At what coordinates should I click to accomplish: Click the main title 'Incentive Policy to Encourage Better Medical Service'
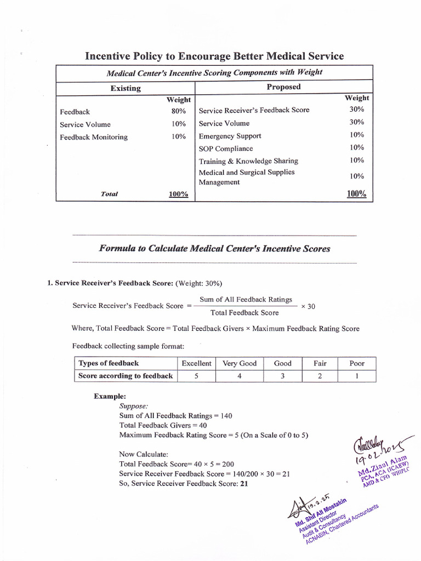tap(214, 56)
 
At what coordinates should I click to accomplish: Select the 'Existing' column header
tap(126, 88)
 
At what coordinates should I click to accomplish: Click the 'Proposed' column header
tap(283, 87)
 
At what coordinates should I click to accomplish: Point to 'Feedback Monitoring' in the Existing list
tap(93, 137)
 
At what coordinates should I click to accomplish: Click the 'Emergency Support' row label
tap(230, 136)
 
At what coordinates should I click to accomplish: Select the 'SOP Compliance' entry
tap(226, 148)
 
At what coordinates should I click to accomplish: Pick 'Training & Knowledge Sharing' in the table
tap(248, 161)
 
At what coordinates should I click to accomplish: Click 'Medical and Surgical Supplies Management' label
tap(246, 177)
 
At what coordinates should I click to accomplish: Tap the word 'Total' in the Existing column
tap(110, 194)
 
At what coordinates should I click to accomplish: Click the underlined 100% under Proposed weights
tap(356, 194)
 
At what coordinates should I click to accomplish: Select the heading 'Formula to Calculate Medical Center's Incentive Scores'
tap(214, 249)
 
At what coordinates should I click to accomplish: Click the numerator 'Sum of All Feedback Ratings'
tap(246, 299)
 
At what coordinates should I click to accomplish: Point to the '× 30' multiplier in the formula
tap(308, 306)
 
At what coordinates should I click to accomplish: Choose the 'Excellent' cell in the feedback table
tap(196, 363)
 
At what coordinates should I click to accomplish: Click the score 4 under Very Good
tap(240, 376)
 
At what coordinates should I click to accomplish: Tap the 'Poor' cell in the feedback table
tap(356, 363)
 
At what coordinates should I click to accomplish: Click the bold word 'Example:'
tap(110, 396)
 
